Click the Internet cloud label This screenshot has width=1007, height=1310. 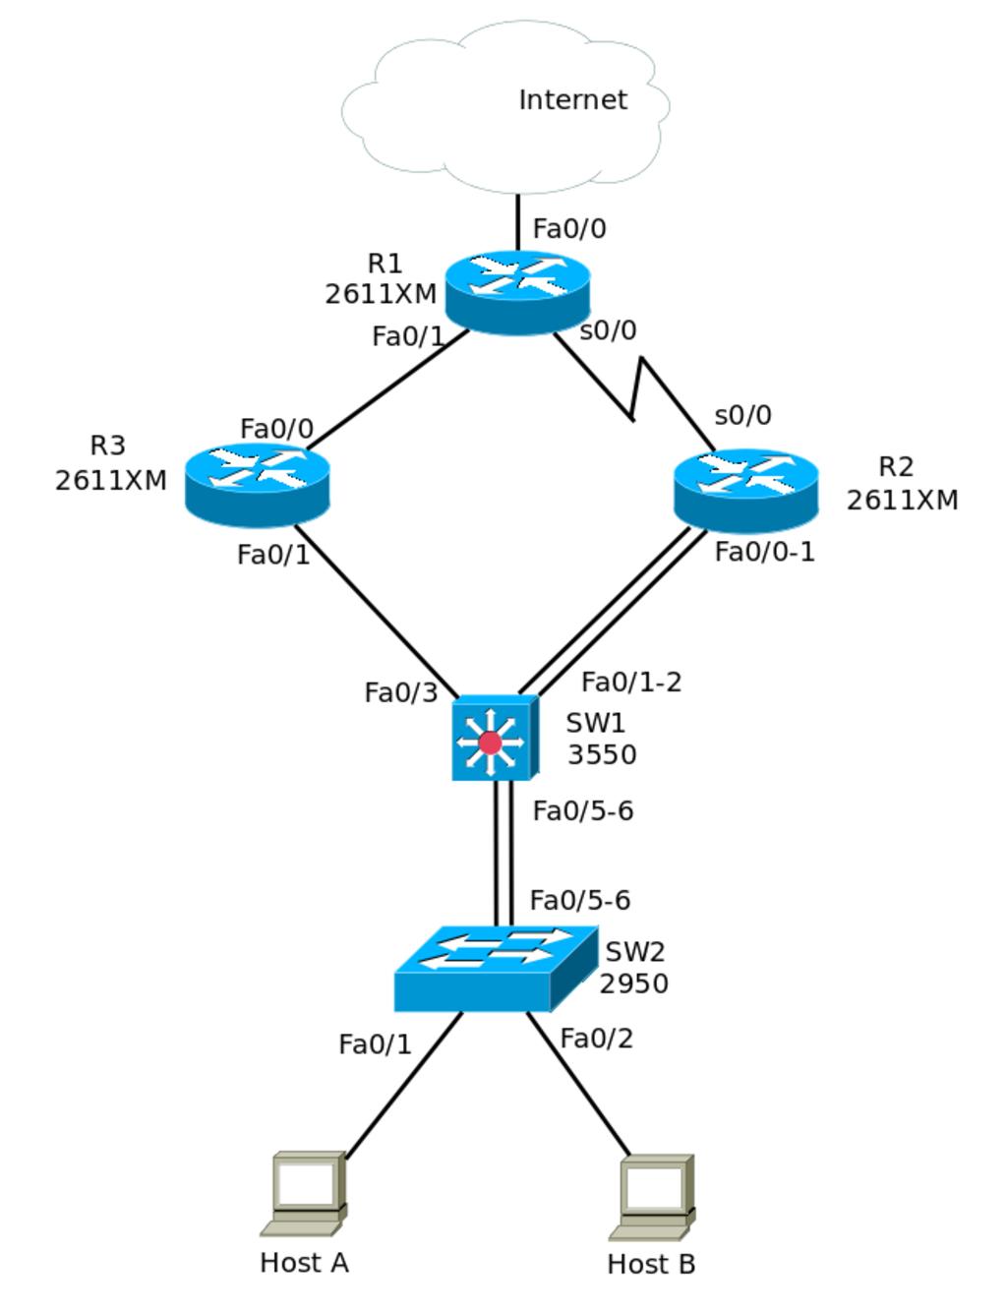click(x=572, y=99)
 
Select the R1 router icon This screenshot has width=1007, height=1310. click(x=517, y=291)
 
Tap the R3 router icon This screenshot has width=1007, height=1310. click(x=257, y=483)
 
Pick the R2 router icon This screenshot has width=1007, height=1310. click(x=745, y=489)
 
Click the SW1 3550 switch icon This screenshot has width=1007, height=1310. click(x=494, y=738)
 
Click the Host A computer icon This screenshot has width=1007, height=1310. click(x=305, y=1193)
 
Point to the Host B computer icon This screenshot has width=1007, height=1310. click(x=653, y=1196)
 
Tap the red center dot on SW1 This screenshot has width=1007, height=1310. click(x=490, y=743)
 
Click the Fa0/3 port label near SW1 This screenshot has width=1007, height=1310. click(x=400, y=692)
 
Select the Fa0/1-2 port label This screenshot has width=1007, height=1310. click(x=631, y=682)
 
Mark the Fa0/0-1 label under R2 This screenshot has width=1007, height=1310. click(x=764, y=552)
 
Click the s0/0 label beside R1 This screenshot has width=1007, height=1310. click(x=608, y=330)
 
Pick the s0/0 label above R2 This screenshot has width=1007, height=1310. click(x=742, y=415)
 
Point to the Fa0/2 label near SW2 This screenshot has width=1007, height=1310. click(x=596, y=1038)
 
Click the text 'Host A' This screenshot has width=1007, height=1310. click(x=304, y=1262)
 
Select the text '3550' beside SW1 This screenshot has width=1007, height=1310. click(x=602, y=754)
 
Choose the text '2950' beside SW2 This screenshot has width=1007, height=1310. click(x=634, y=983)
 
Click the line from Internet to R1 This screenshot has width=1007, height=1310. click(x=518, y=222)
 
